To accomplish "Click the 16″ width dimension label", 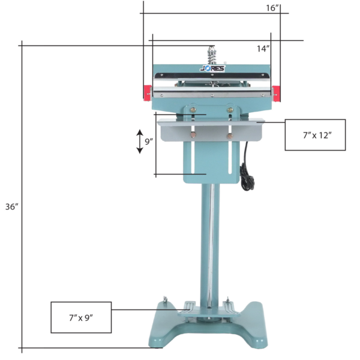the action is click(272, 8).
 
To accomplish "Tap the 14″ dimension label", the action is click(263, 49).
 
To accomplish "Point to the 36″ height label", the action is click(12, 206).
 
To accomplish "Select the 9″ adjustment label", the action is click(149, 142).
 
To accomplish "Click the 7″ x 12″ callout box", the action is click(315, 135).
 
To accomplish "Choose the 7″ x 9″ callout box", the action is click(81, 317).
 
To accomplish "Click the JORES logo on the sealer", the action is click(212, 68).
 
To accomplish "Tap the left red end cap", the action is click(148, 93).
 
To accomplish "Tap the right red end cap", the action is click(276, 94).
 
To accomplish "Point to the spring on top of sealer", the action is click(211, 56).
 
